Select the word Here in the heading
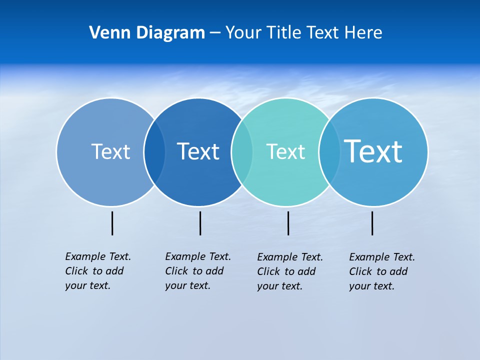pos(363,33)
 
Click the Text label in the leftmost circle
pos(110,151)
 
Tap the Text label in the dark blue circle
pos(198,151)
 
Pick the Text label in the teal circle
pos(285,151)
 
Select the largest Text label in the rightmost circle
pos(373,151)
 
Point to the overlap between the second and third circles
pos(241,152)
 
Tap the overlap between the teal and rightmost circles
pos(329,152)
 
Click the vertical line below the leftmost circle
pos(112,223)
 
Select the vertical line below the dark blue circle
pos(200,223)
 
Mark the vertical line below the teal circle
pos(288,223)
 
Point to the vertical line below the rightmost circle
pos(372,223)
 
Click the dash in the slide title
pos(215,33)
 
